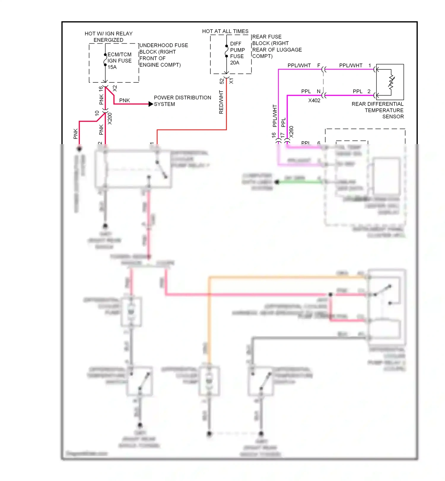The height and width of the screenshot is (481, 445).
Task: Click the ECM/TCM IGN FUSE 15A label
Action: (x=119, y=61)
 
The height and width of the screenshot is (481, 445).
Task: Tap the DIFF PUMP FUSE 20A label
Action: (x=237, y=53)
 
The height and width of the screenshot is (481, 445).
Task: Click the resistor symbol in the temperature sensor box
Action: (x=391, y=82)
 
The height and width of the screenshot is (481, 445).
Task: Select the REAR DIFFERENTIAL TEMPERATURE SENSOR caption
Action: (x=378, y=110)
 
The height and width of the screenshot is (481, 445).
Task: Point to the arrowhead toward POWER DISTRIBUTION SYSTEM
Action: (x=151, y=104)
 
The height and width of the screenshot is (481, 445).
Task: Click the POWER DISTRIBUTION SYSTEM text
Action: (x=182, y=101)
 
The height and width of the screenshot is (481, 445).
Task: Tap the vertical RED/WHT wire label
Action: (x=221, y=102)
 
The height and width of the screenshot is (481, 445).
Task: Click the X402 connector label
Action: (x=314, y=101)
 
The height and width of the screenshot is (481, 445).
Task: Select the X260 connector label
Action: (x=291, y=132)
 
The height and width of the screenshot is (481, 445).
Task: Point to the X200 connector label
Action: (x=110, y=118)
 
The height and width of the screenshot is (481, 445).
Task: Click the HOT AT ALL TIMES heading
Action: (x=225, y=31)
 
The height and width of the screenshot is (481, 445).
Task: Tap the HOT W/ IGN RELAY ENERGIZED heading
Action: (x=109, y=37)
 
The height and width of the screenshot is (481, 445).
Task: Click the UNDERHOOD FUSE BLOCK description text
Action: (x=163, y=55)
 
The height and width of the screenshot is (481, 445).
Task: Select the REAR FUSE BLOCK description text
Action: (x=277, y=47)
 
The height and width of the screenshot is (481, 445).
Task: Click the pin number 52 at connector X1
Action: (x=222, y=81)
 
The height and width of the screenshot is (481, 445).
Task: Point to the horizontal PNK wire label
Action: (x=124, y=101)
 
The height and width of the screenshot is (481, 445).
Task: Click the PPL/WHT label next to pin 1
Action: (x=351, y=66)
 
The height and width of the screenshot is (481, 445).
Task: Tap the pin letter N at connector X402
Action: (x=319, y=91)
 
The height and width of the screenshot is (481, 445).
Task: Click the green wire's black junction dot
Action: (x=277, y=182)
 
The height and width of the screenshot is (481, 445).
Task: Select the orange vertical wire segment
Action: (x=209, y=320)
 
